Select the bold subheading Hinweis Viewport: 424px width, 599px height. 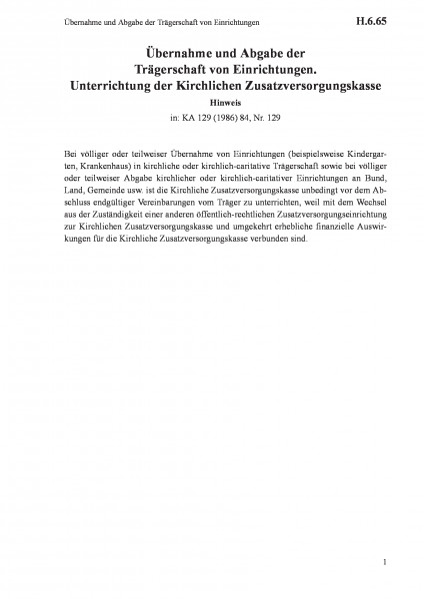click(x=212, y=101)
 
